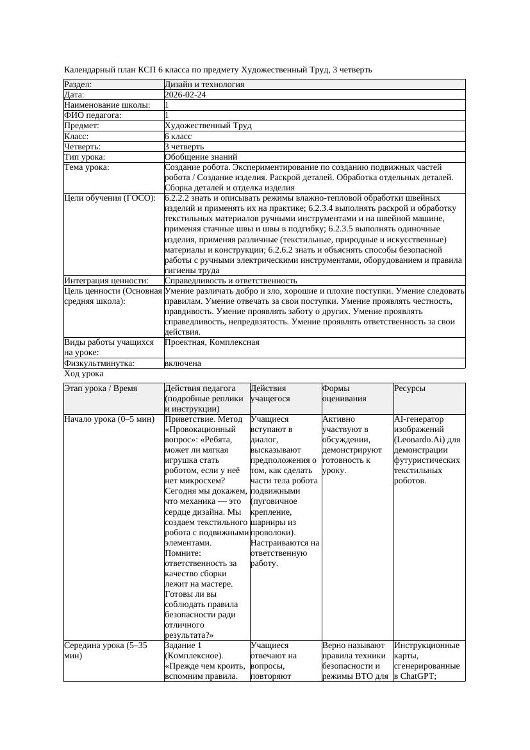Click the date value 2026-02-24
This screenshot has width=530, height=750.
click(185, 95)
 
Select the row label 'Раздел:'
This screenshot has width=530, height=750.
click(78, 85)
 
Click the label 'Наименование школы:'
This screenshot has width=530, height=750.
click(107, 105)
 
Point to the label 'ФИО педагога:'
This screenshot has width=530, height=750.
click(93, 115)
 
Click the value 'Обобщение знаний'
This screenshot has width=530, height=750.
click(201, 156)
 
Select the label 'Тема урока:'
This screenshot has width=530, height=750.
click(87, 167)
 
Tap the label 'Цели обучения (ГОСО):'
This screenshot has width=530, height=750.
click(110, 198)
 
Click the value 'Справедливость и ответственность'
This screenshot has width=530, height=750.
click(231, 281)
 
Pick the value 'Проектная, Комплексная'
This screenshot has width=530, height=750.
click(211, 342)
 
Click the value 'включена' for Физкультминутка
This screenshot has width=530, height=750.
click(183, 363)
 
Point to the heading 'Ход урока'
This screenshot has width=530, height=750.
click(84, 374)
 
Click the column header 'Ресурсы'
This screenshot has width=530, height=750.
click(410, 388)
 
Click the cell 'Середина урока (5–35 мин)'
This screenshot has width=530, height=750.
click(106, 651)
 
